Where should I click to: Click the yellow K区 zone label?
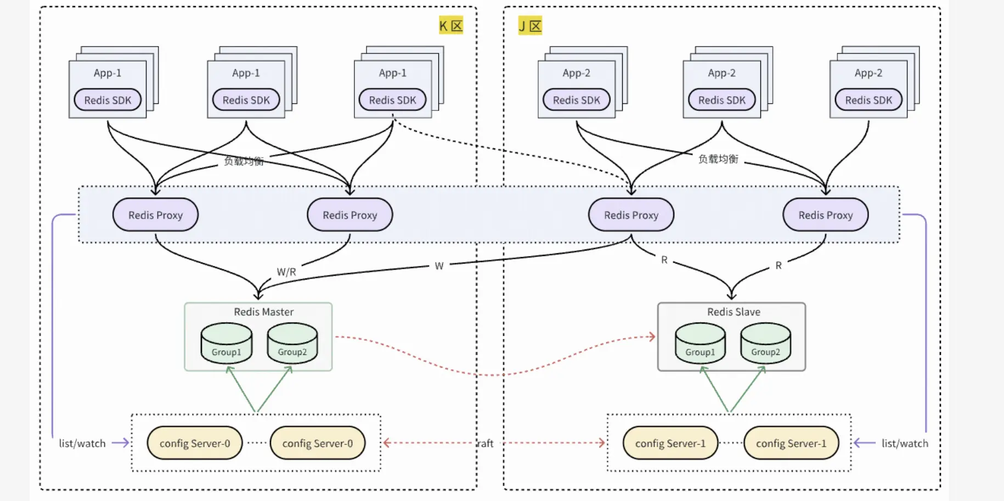[x=451, y=25]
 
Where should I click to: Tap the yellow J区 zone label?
[x=530, y=25]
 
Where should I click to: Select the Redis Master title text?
[x=263, y=312]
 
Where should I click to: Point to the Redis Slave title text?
[x=734, y=312]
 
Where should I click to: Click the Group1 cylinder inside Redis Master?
[x=227, y=343]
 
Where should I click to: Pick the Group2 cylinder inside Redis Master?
[x=292, y=343]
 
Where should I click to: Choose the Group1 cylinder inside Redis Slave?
[x=700, y=343]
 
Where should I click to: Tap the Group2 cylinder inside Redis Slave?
[x=765, y=343]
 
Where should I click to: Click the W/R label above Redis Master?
[x=286, y=272]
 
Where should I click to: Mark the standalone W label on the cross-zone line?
[x=439, y=266]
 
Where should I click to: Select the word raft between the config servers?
[x=486, y=443]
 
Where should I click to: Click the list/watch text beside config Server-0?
[x=82, y=443]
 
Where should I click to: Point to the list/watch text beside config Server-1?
[x=905, y=443]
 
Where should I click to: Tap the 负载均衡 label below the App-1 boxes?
[x=244, y=161]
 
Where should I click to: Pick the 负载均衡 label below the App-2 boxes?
[x=718, y=159]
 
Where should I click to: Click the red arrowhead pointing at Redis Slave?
[x=652, y=336]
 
